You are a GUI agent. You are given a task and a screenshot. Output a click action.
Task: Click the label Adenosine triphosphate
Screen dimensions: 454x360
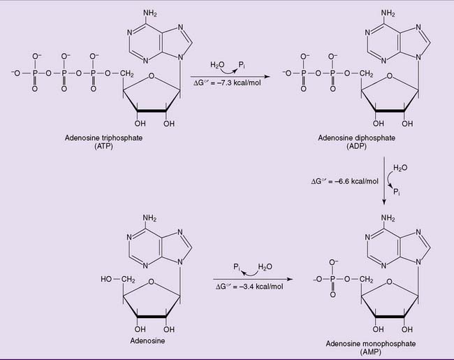click(x=103, y=138)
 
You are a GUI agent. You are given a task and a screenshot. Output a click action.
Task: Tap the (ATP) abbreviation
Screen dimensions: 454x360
click(x=103, y=146)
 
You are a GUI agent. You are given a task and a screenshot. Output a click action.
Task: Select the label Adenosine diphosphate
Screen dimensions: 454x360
click(x=356, y=138)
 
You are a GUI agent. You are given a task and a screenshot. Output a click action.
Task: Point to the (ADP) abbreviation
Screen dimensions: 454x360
click(x=356, y=146)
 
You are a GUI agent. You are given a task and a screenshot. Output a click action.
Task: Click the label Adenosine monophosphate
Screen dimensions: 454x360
click(x=371, y=343)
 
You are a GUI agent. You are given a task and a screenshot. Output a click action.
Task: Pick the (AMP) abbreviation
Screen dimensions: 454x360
click(x=371, y=352)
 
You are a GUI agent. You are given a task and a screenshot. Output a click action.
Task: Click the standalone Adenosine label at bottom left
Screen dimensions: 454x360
click(x=147, y=340)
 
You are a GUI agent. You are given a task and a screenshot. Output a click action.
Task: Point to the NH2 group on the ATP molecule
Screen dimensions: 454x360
click(x=149, y=13)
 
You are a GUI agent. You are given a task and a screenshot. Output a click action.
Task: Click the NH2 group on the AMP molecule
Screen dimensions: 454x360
click(x=388, y=218)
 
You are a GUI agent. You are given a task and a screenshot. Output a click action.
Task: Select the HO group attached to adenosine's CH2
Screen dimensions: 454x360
click(x=106, y=279)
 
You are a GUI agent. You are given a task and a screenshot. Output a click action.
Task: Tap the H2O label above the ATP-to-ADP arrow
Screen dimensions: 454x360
click(x=217, y=65)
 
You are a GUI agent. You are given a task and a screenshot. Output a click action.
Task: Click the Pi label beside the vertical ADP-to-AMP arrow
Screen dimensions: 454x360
click(x=397, y=192)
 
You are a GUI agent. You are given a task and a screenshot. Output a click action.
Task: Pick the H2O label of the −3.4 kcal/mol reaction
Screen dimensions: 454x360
click(x=265, y=266)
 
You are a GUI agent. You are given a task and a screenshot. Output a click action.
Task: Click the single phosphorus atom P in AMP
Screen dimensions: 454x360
click(x=332, y=280)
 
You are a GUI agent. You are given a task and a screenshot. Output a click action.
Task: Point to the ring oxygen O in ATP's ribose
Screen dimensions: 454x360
click(x=151, y=76)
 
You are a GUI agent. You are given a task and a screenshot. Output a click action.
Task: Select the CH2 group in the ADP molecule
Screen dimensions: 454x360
click(x=366, y=74)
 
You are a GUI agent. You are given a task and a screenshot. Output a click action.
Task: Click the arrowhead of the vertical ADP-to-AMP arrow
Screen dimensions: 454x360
click(x=384, y=202)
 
